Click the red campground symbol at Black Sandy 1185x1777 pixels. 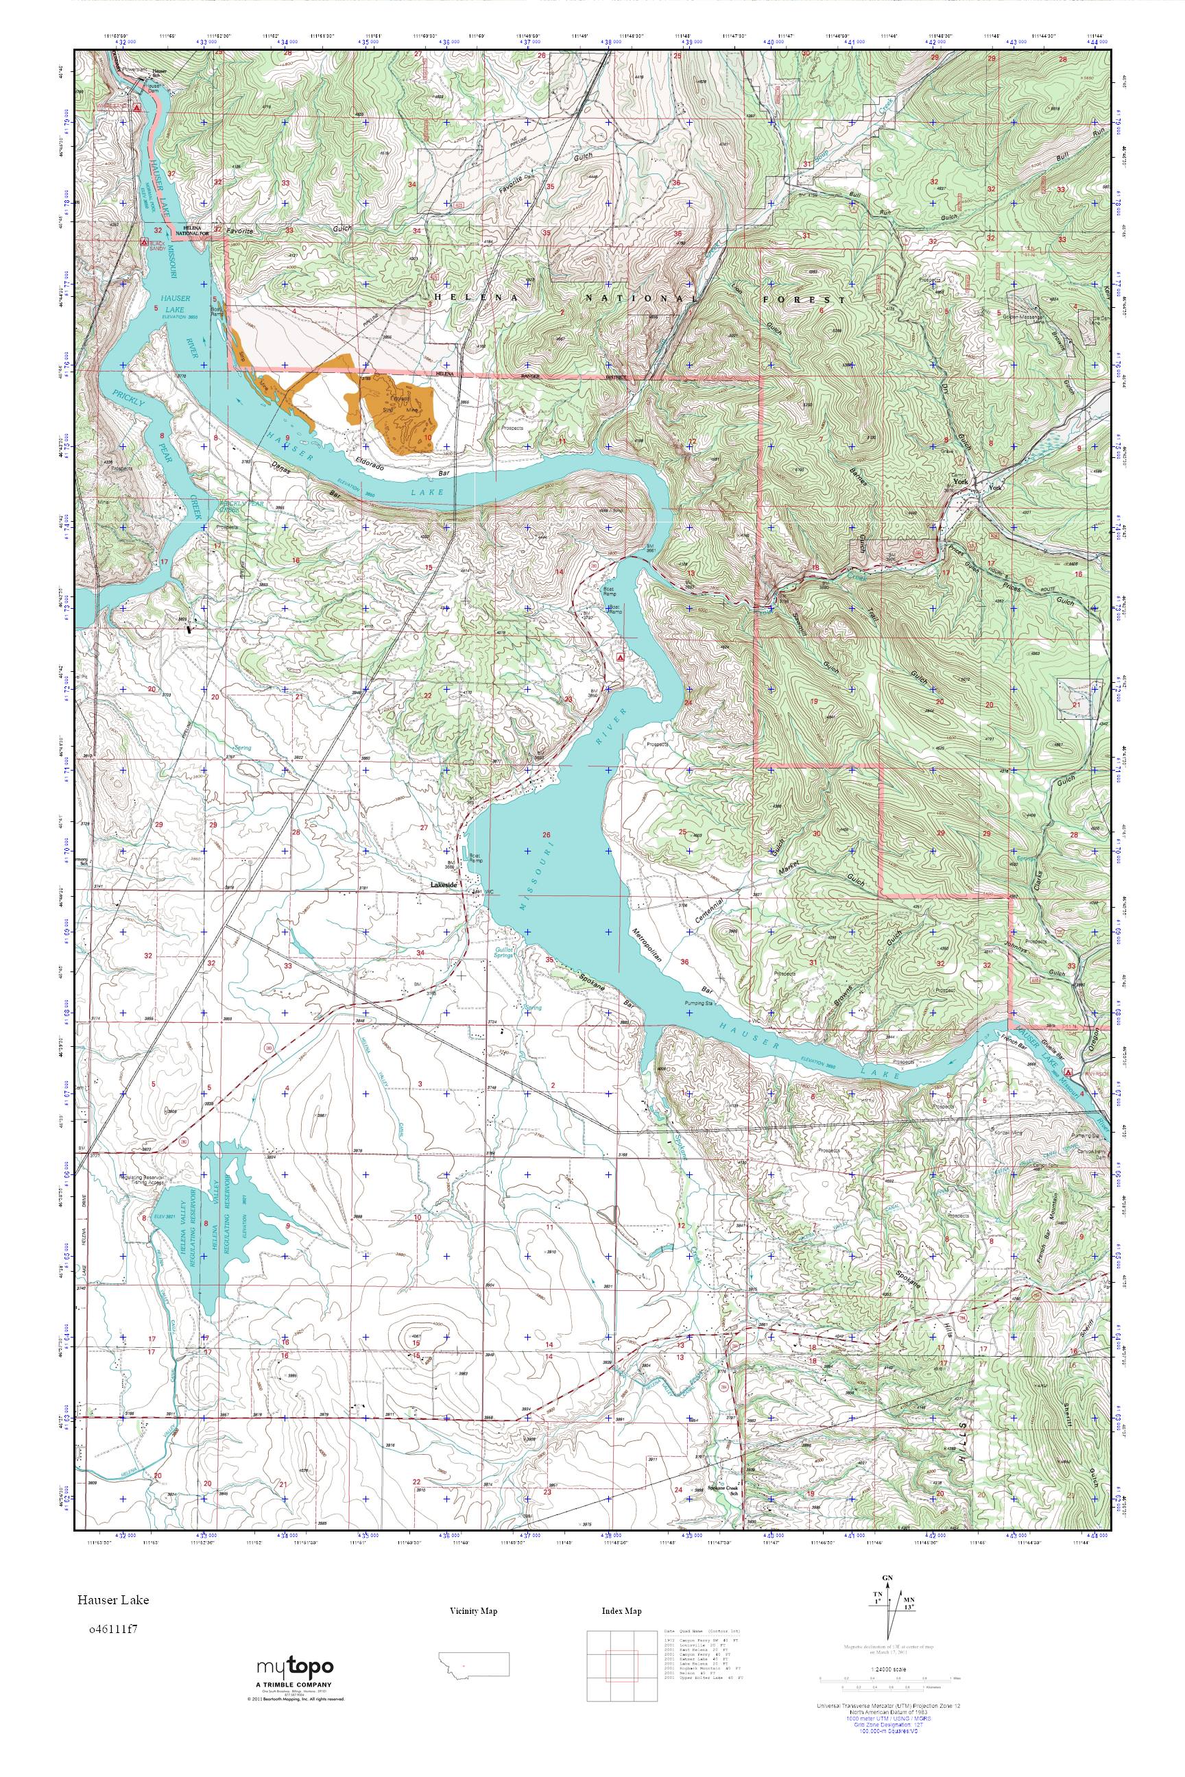(x=144, y=244)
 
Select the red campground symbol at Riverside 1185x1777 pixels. (x=1068, y=1072)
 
